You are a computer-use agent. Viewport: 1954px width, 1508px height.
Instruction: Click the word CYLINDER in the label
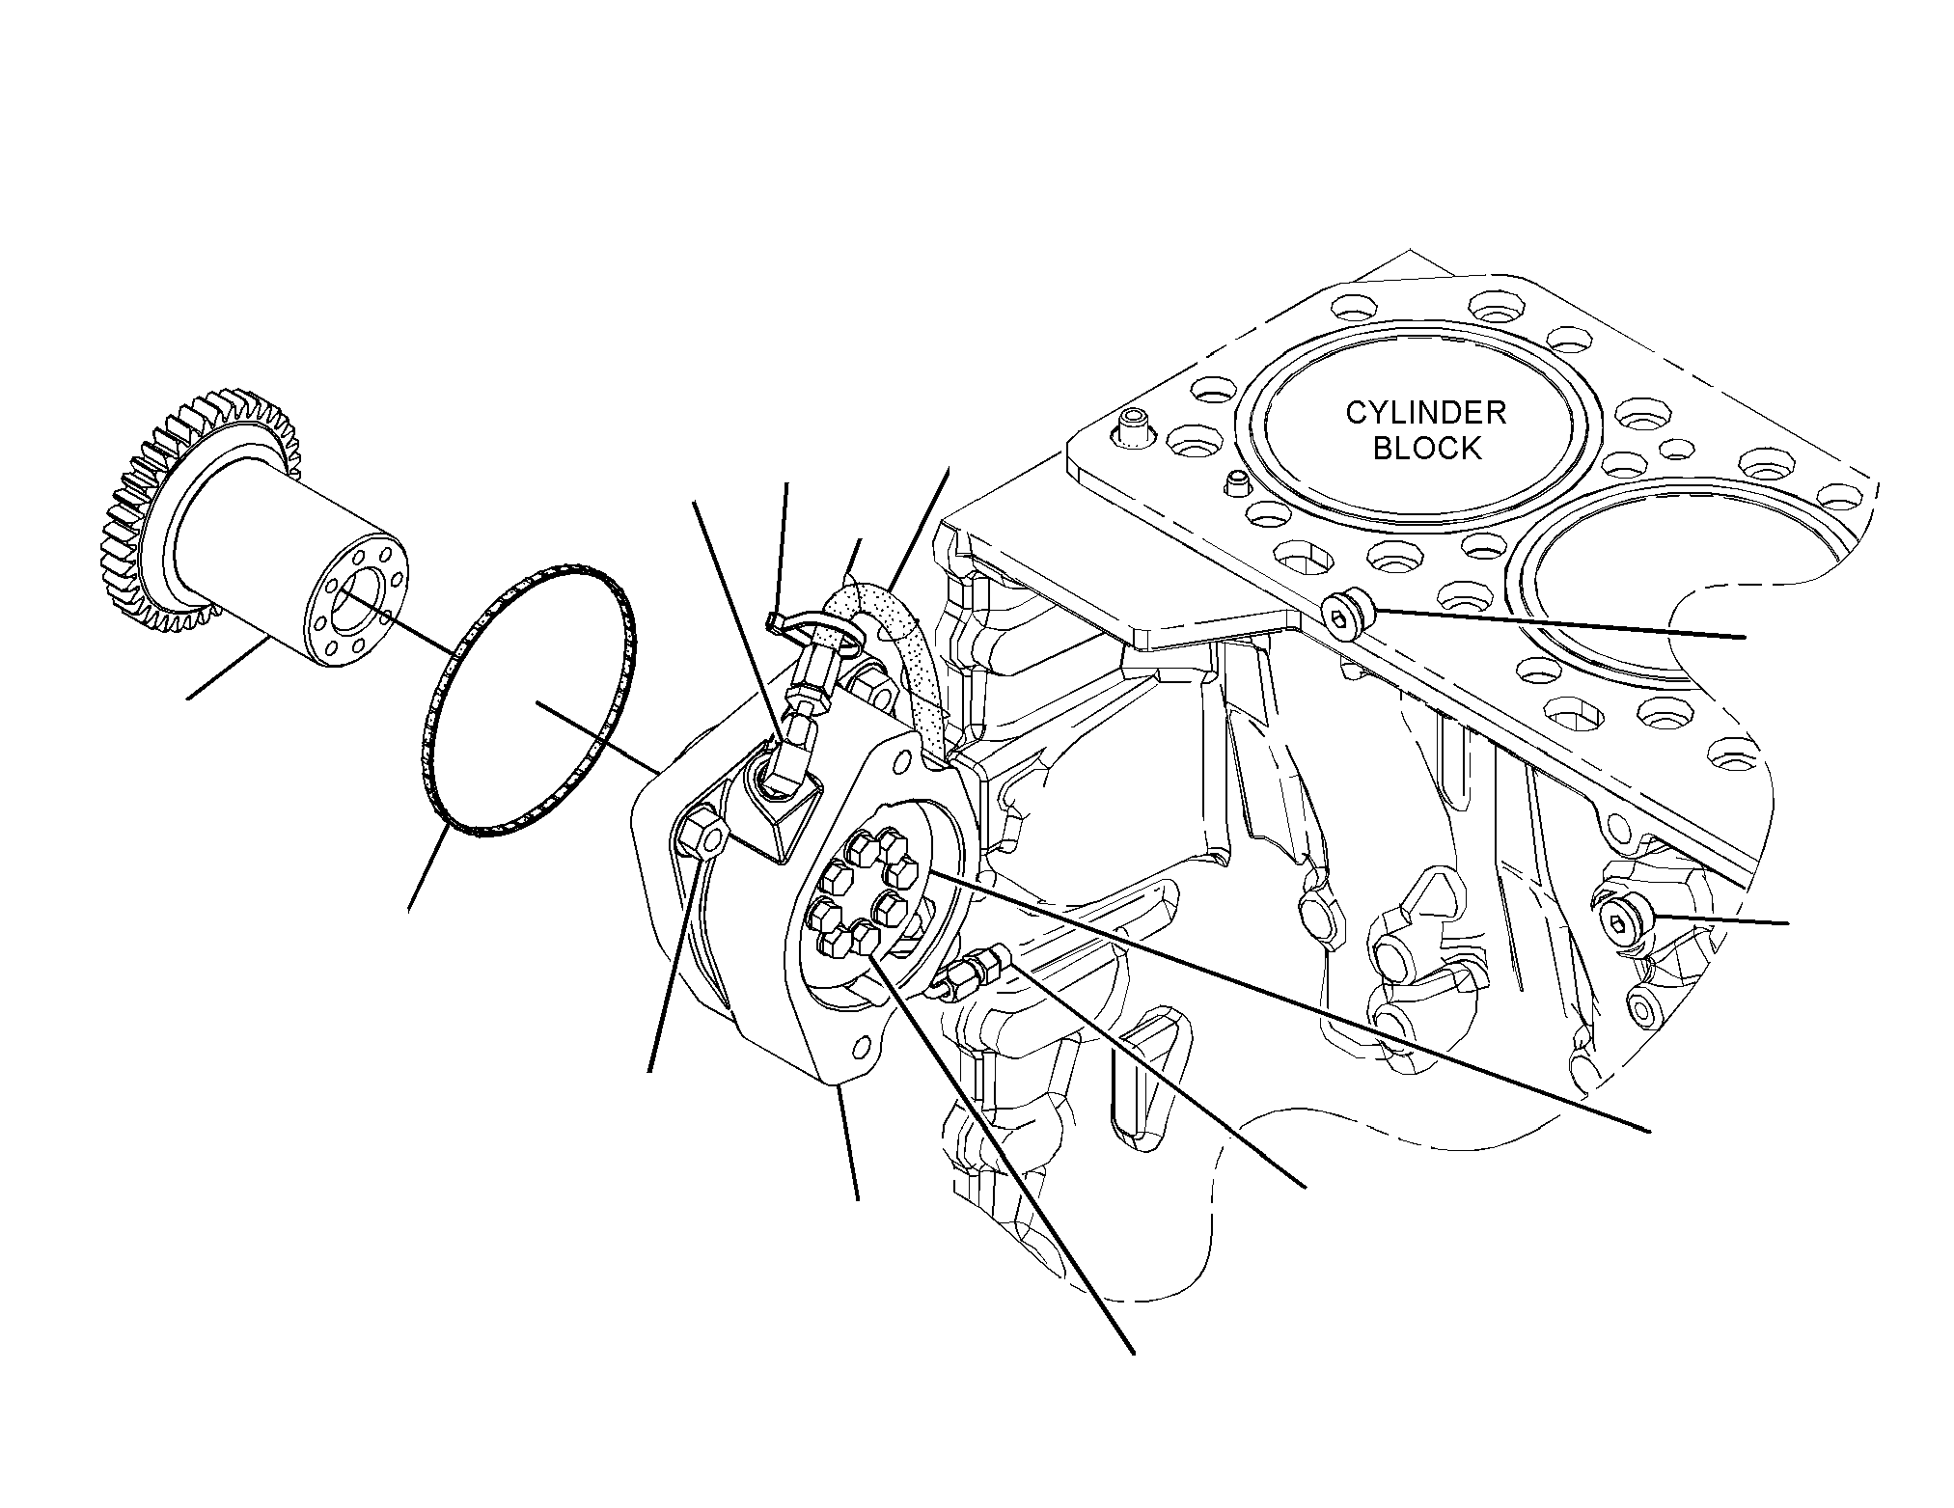point(1426,413)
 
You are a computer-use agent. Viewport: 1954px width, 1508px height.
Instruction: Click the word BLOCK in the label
point(1426,449)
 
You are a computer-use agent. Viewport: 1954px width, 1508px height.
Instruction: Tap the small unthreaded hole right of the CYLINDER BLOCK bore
point(1680,448)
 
